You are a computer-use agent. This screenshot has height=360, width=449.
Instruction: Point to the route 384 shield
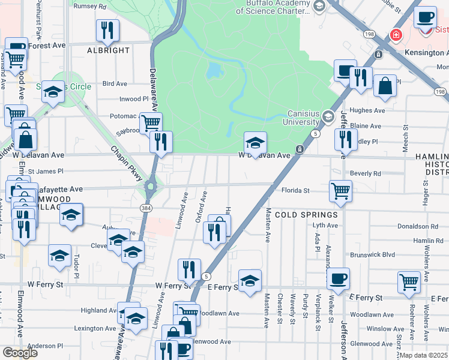pos(145,207)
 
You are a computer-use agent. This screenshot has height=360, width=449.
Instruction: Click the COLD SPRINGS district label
pos(298,214)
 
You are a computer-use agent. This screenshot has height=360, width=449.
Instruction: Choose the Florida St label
pos(295,191)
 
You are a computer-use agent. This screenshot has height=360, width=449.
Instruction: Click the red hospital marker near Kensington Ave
pos(396,35)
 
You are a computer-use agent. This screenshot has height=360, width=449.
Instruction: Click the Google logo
pos(19,352)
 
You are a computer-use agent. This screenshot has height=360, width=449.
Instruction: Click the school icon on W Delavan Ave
pos(255,143)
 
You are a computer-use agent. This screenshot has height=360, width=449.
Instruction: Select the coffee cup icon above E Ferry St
pos(338,279)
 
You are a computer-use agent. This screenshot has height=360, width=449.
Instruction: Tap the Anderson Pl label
pos(45,346)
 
